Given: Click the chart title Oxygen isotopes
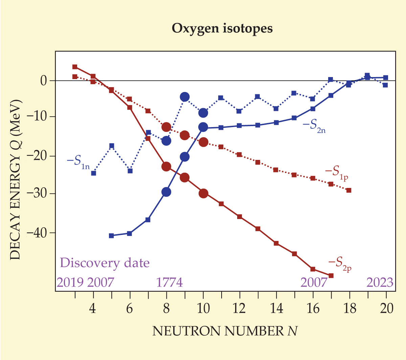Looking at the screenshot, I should (x=222, y=28).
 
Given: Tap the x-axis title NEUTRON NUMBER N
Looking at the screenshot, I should (x=225, y=331).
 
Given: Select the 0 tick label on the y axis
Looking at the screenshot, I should (x=43, y=81).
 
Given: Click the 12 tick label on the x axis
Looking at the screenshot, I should (x=240, y=308).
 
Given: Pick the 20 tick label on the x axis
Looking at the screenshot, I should (x=386, y=308).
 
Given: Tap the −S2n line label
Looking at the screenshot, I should (x=314, y=126).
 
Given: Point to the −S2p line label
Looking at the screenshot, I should (x=339, y=263).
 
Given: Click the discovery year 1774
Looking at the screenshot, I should (x=170, y=282).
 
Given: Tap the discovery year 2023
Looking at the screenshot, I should (x=380, y=282).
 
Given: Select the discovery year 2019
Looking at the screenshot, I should (x=70, y=282).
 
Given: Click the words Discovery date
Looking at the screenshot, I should (x=105, y=263).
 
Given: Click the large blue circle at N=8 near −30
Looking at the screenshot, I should (x=166, y=192).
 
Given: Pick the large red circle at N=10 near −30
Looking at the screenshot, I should (x=203, y=193).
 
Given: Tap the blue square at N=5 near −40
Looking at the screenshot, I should (x=111, y=236).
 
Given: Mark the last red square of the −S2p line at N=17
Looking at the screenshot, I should (x=331, y=275).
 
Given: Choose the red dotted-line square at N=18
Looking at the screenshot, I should (x=349, y=190).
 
